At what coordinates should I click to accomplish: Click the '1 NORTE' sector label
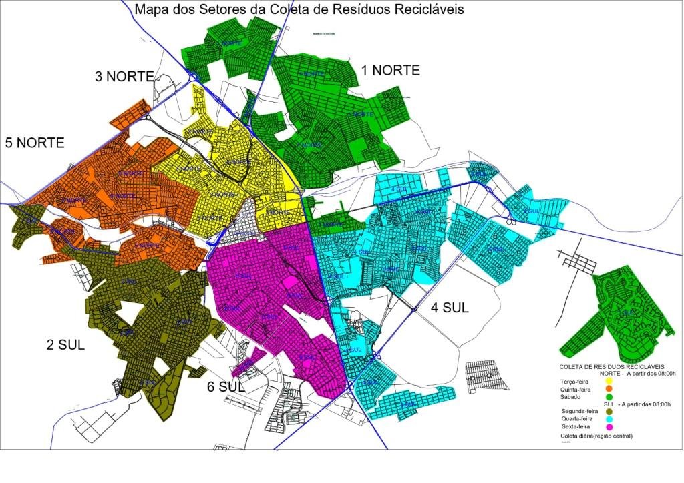click(x=391, y=70)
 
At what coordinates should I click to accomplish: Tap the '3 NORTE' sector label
click(x=125, y=76)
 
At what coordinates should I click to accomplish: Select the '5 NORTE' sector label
click(x=35, y=142)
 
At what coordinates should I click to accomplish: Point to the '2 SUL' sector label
click(x=65, y=345)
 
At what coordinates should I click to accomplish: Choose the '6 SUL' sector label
click(x=224, y=386)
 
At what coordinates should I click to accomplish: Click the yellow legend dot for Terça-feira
click(x=609, y=381)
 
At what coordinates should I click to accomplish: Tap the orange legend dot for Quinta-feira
click(x=609, y=388)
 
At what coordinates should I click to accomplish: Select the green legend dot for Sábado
click(x=609, y=396)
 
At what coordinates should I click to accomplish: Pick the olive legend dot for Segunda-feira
click(x=609, y=412)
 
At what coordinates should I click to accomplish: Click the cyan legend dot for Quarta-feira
click(x=609, y=419)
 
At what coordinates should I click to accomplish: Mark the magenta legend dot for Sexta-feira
click(x=609, y=427)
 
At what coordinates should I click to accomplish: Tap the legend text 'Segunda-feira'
click(x=578, y=412)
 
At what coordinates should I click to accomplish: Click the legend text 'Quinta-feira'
click(x=575, y=388)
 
